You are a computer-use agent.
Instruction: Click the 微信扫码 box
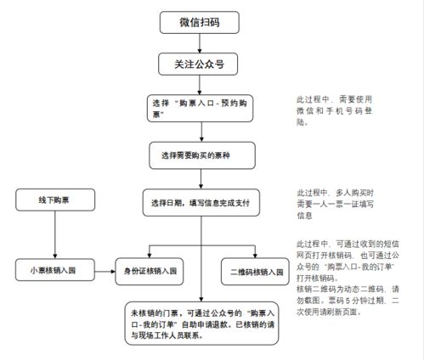point(200,22)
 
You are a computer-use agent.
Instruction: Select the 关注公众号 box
point(200,64)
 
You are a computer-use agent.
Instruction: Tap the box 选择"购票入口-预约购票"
point(200,108)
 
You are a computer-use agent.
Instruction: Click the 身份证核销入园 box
point(150,272)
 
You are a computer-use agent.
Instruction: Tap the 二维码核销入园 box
point(255,272)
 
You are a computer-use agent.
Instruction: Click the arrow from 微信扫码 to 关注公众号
point(200,42)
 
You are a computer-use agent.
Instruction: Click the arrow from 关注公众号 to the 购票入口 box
point(200,84)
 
